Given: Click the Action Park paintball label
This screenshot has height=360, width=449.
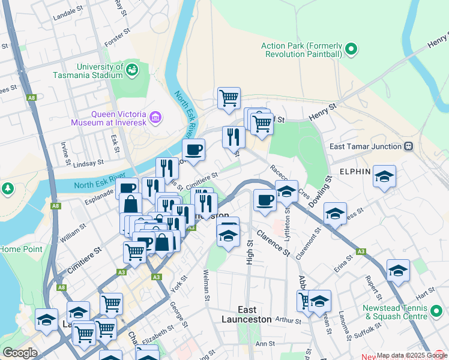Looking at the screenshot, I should click(301, 50).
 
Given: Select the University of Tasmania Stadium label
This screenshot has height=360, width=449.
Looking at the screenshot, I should click(88, 71).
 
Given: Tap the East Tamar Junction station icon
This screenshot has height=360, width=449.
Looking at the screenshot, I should click(409, 146).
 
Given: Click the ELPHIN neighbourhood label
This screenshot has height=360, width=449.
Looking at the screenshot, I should click(355, 171).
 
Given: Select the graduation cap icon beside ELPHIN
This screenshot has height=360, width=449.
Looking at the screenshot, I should click(384, 176).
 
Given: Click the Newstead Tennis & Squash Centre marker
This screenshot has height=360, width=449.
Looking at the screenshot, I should click(436, 312).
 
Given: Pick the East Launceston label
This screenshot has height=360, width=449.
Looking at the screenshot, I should click(247, 314).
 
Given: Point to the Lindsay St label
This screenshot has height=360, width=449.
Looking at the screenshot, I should click(86, 162).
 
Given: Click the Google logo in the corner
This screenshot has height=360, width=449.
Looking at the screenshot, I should click(20, 353).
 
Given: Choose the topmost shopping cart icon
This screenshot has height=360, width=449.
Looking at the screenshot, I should click(229, 98).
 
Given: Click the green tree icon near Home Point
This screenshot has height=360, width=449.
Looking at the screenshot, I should click(7, 188).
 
